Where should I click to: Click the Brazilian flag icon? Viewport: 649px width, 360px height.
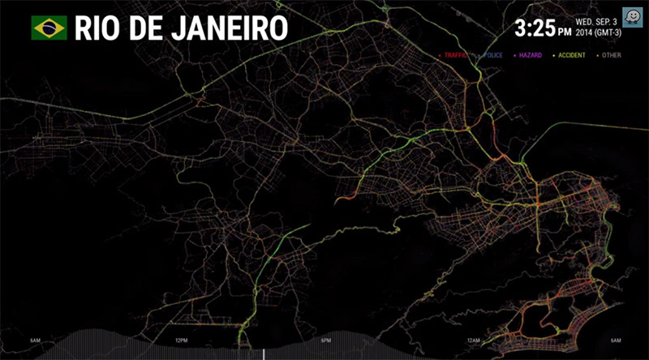point(49,28)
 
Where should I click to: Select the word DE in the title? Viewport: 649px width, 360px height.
point(147,28)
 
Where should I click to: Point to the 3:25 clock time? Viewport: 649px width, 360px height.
point(535,29)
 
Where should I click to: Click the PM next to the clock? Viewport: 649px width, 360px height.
point(564,32)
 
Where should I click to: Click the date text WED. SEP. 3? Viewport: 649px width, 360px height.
point(596,22)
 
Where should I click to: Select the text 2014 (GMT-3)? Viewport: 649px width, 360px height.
point(596,34)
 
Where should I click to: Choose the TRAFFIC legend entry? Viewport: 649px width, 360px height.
point(454,56)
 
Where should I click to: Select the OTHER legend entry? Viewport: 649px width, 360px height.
point(612,56)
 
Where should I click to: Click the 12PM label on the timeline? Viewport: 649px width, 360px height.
point(181,341)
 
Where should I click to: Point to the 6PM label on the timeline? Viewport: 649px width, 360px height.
point(326,341)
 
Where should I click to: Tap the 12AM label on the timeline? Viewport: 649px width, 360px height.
point(471,341)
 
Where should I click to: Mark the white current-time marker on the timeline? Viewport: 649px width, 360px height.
point(264,354)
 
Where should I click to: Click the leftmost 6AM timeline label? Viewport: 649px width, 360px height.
point(36,341)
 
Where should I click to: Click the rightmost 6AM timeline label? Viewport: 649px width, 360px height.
point(616,341)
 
